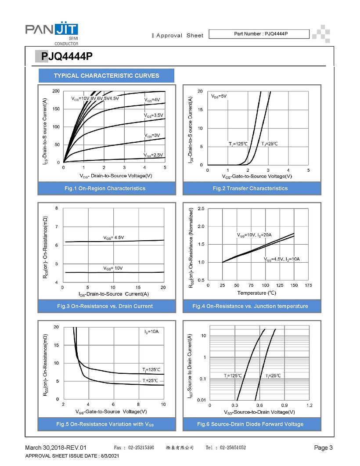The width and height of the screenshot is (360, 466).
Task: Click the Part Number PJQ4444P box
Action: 259,34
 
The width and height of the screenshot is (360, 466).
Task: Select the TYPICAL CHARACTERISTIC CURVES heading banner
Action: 106,76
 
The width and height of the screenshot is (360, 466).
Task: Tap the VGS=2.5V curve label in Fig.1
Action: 153,155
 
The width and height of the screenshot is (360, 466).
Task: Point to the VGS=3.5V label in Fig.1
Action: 154,115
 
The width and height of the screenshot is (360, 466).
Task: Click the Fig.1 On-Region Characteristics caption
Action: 105,188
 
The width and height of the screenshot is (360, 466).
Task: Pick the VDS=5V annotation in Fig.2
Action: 219,96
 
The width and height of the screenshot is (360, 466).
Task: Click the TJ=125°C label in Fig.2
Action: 238,144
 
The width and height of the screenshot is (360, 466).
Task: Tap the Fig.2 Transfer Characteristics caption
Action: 250,188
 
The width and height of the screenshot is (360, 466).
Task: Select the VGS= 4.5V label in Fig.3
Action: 113,238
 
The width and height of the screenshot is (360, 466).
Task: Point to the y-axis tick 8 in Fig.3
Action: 57,208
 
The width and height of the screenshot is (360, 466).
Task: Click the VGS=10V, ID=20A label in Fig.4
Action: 254,235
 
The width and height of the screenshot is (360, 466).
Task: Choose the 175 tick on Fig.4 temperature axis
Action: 308,285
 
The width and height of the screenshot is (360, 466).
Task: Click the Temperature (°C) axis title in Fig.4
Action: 257,293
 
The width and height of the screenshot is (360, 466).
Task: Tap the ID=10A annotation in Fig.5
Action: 151,331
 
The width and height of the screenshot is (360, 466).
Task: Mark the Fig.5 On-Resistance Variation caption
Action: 105,424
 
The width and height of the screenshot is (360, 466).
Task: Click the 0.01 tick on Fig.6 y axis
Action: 202,400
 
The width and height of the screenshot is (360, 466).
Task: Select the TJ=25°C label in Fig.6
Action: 273,376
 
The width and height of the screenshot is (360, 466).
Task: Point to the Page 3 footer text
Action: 324,448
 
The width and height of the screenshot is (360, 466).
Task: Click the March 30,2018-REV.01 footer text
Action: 56,448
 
